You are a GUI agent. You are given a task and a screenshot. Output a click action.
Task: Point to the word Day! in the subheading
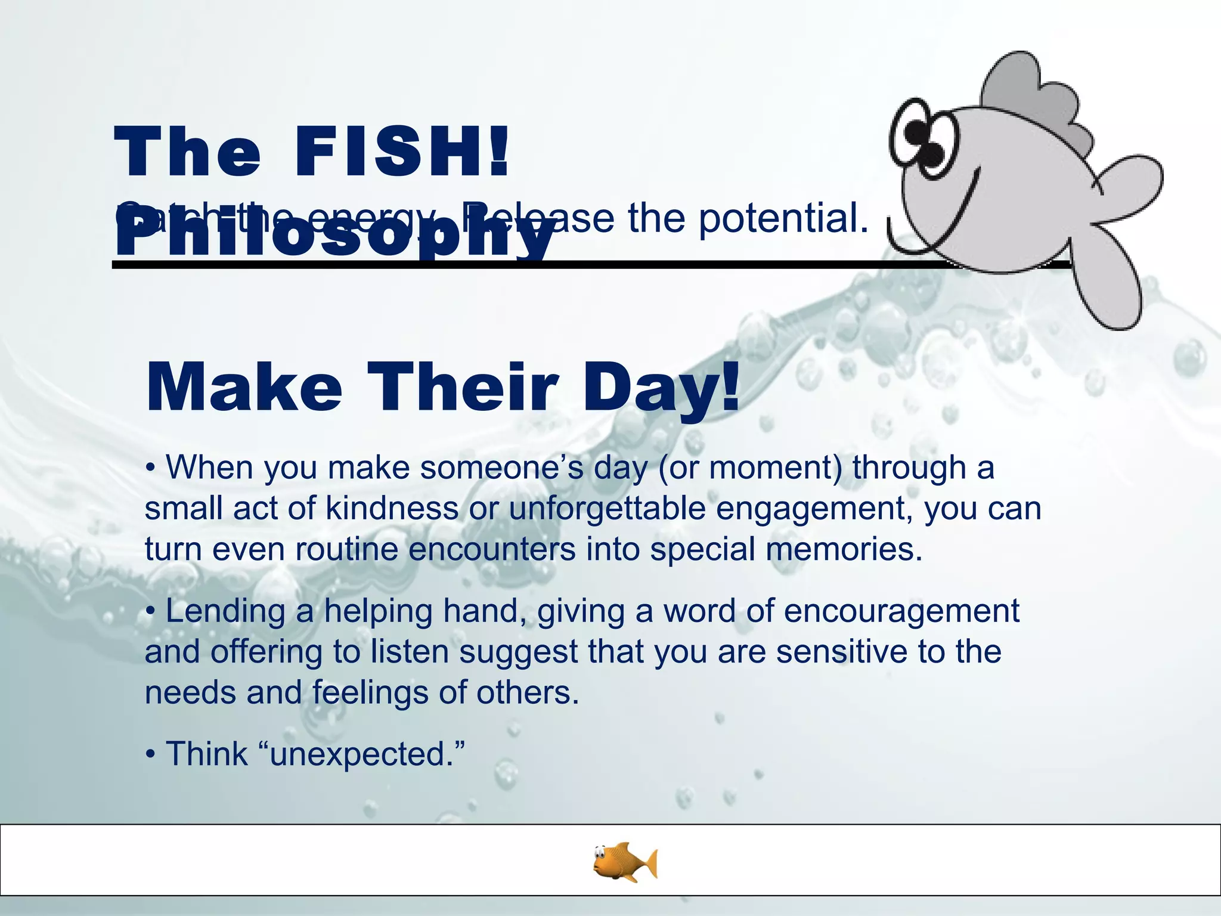pyautogui.click(x=662, y=389)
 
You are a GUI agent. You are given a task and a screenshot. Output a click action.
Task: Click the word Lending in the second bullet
pyautogui.click(x=225, y=611)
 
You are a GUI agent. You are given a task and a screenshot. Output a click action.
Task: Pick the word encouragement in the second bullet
pyautogui.click(x=901, y=611)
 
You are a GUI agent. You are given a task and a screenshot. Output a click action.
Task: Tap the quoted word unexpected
pyautogui.click(x=361, y=754)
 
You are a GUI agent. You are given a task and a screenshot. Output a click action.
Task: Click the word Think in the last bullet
pyautogui.click(x=206, y=754)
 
